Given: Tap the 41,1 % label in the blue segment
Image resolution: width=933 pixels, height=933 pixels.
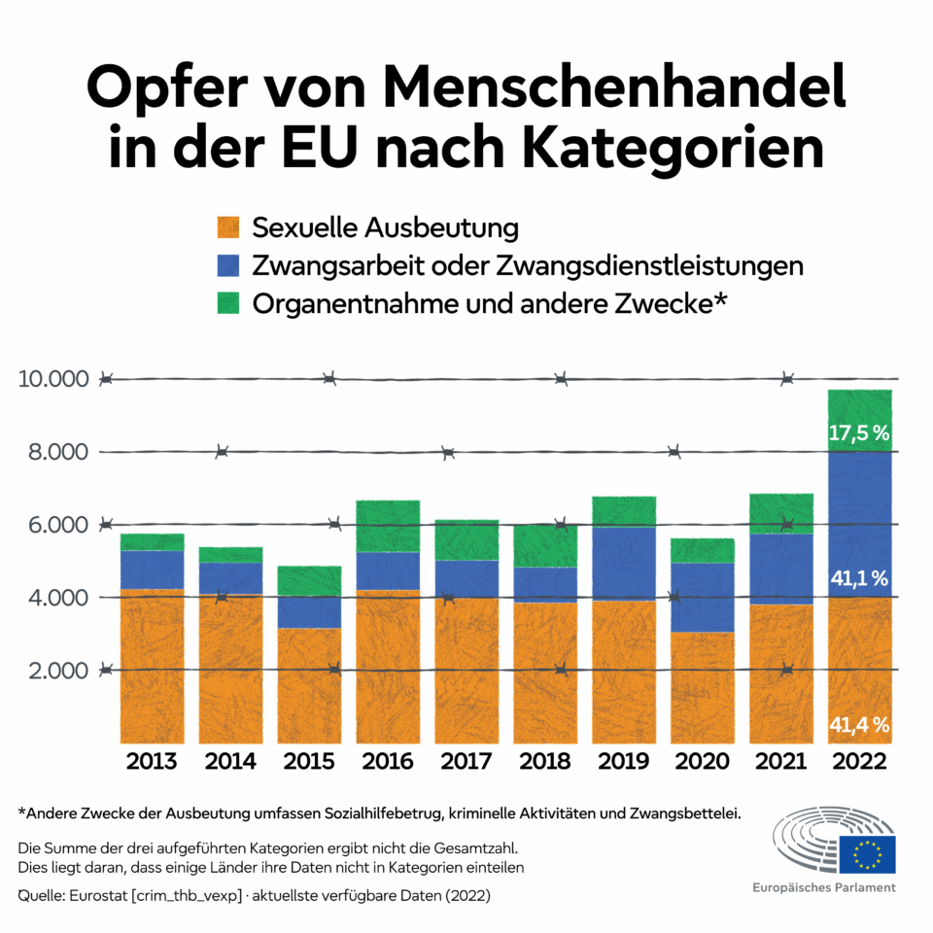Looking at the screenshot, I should [859, 579].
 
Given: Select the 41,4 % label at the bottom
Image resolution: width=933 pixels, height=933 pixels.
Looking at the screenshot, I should [859, 724].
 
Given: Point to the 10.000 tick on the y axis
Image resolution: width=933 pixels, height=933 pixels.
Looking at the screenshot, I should [53, 379].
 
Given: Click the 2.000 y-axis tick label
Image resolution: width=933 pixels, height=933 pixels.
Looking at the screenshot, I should [57, 671].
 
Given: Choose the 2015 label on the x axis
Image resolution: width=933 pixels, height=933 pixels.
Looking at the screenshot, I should [309, 761].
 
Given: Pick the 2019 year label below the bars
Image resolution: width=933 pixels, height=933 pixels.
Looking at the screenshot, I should [623, 761].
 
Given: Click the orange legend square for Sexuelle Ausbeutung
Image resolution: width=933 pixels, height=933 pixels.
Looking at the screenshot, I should [227, 229].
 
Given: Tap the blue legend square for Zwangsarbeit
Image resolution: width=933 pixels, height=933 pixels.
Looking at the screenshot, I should [227, 266].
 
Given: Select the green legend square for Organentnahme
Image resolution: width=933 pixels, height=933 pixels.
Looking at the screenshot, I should [227, 303].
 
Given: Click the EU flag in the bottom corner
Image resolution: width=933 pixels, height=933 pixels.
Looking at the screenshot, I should [867, 854].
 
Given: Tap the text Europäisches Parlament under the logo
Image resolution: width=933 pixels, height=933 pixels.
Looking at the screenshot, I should [824, 888].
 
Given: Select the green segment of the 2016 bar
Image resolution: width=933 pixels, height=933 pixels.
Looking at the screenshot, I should [388, 526].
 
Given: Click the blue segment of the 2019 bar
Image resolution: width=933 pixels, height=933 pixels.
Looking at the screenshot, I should [623, 564].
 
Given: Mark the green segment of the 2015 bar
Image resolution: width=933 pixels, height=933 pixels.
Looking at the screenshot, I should [309, 581].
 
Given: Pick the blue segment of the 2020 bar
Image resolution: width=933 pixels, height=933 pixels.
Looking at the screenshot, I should [702, 597].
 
